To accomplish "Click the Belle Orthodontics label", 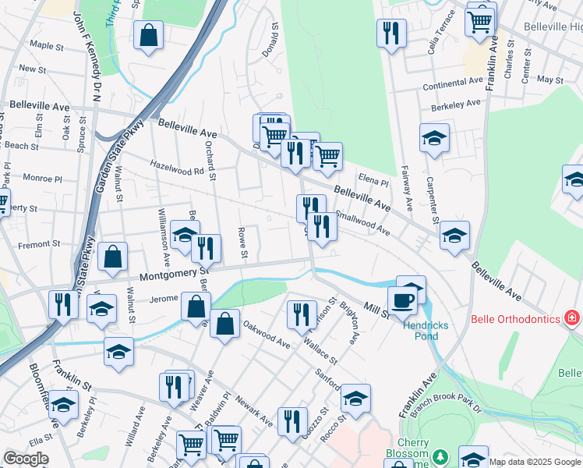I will pyautogui.click(x=515, y=319).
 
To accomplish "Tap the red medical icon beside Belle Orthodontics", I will pyautogui.click(x=572, y=318).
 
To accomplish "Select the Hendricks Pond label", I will pyautogui.click(x=420, y=331).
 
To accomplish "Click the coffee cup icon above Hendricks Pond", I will pyautogui.click(x=402, y=300).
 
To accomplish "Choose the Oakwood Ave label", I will pyautogui.click(x=266, y=333).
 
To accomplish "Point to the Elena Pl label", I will pyautogui.click(x=373, y=181).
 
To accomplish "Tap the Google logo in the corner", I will pyautogui.click(x=26, y=459).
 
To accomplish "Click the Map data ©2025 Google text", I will pyautogui.click(x=535, y=461).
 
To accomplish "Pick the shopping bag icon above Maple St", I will pyautogui.click(x=148, y=35).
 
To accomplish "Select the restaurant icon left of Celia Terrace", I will pyautogui.click(x=390, y=33).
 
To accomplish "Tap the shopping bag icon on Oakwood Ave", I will pyautogui.click(x=224, y=324).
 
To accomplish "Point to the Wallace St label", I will pyautogui.click(x=321, y=351).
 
